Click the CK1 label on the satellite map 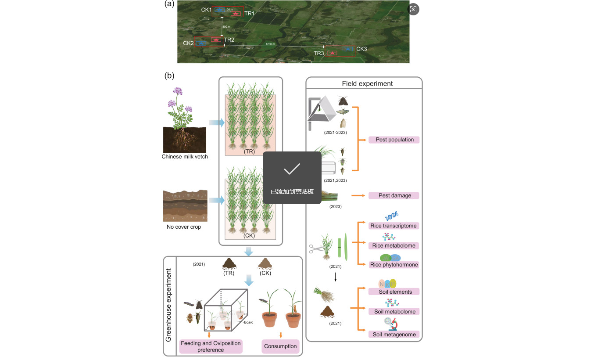click(206, 10)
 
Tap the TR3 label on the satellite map click(318, 53)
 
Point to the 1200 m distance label click(270, 44)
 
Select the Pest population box click(394, 140)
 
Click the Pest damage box click(394, 195)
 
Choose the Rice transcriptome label click(394, 226)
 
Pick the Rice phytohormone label click(394, 265)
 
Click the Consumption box click(280, 346)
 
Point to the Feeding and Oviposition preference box click(211, 346)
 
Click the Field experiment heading click(367, 83)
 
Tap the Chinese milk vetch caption click(184, 157)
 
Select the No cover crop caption click(184, 227)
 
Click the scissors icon click(317, 249)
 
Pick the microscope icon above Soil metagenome click(391, 324)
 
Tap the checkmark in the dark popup click(292, 169)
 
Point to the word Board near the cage click(249, 322)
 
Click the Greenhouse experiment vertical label click(168, 306)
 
